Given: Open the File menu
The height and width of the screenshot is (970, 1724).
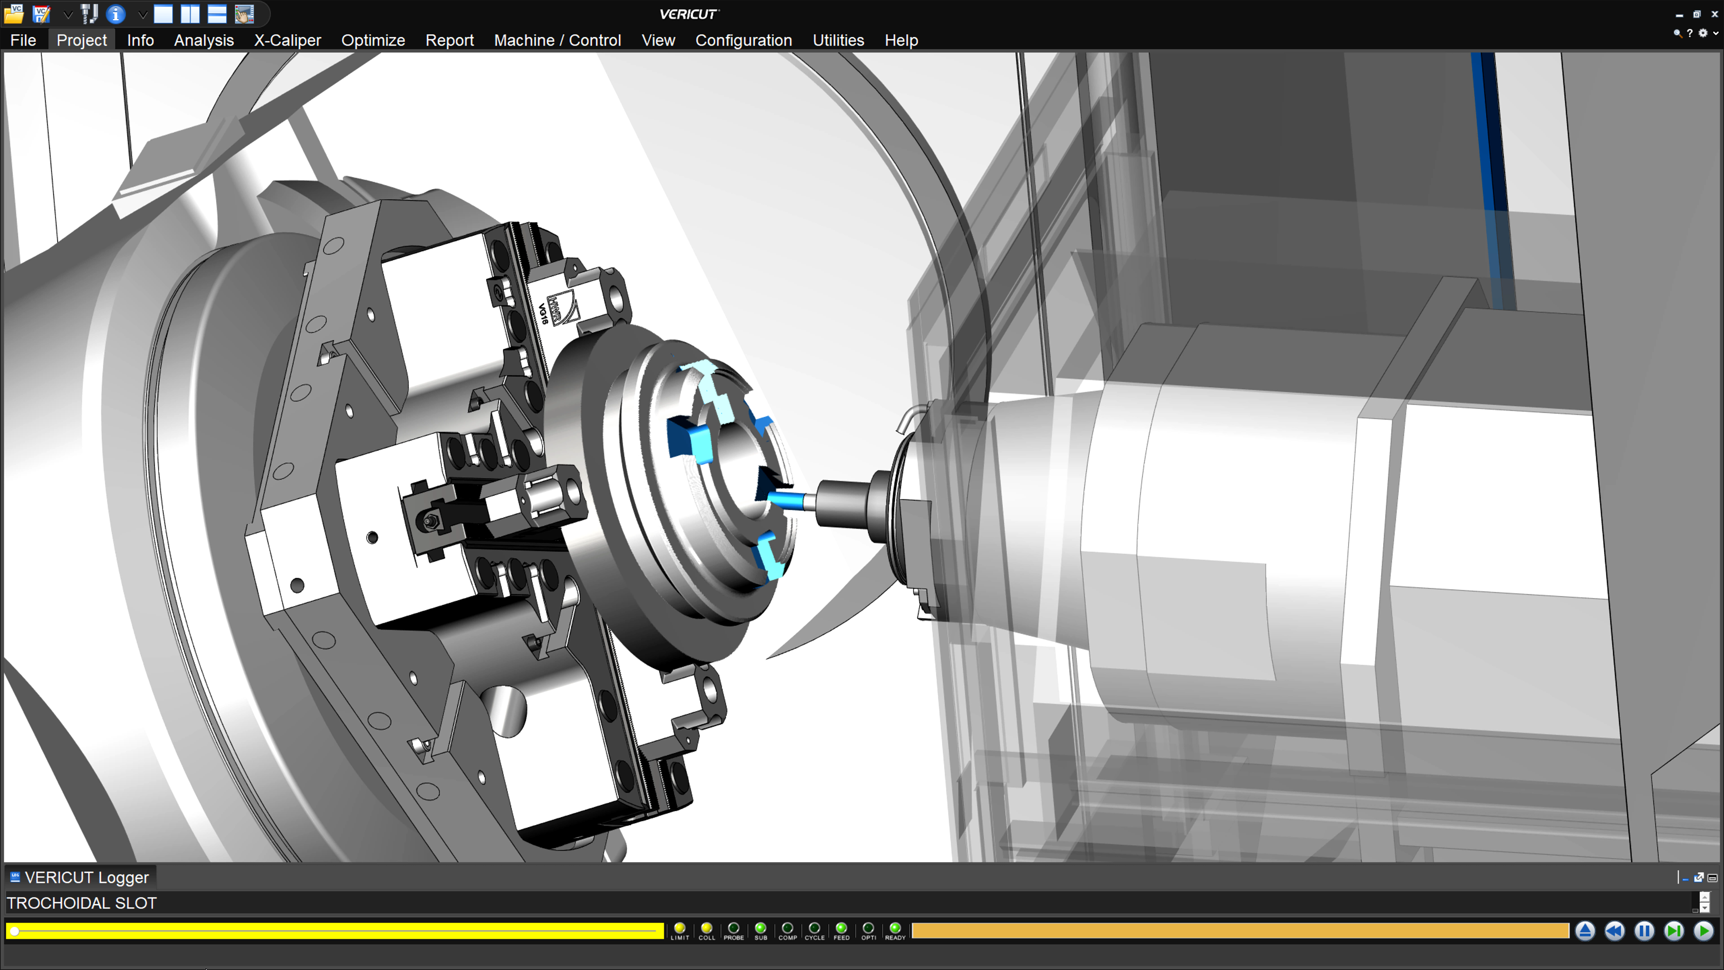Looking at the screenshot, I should tap(23, 40).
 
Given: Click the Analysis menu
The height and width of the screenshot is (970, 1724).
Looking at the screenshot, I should tap(203, 40).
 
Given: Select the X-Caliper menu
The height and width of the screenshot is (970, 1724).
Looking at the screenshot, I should tap(287, 40).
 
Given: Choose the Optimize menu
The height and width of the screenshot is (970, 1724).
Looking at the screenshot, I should tap(373, 40).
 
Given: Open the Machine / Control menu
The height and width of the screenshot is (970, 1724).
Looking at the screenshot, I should tap(557, 40).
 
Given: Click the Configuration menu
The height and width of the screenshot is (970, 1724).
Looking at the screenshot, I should tap(743, 40).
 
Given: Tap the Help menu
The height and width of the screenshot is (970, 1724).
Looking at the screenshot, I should tap(901, 40).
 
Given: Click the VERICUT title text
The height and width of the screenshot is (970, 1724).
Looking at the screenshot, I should tap(688, 14).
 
